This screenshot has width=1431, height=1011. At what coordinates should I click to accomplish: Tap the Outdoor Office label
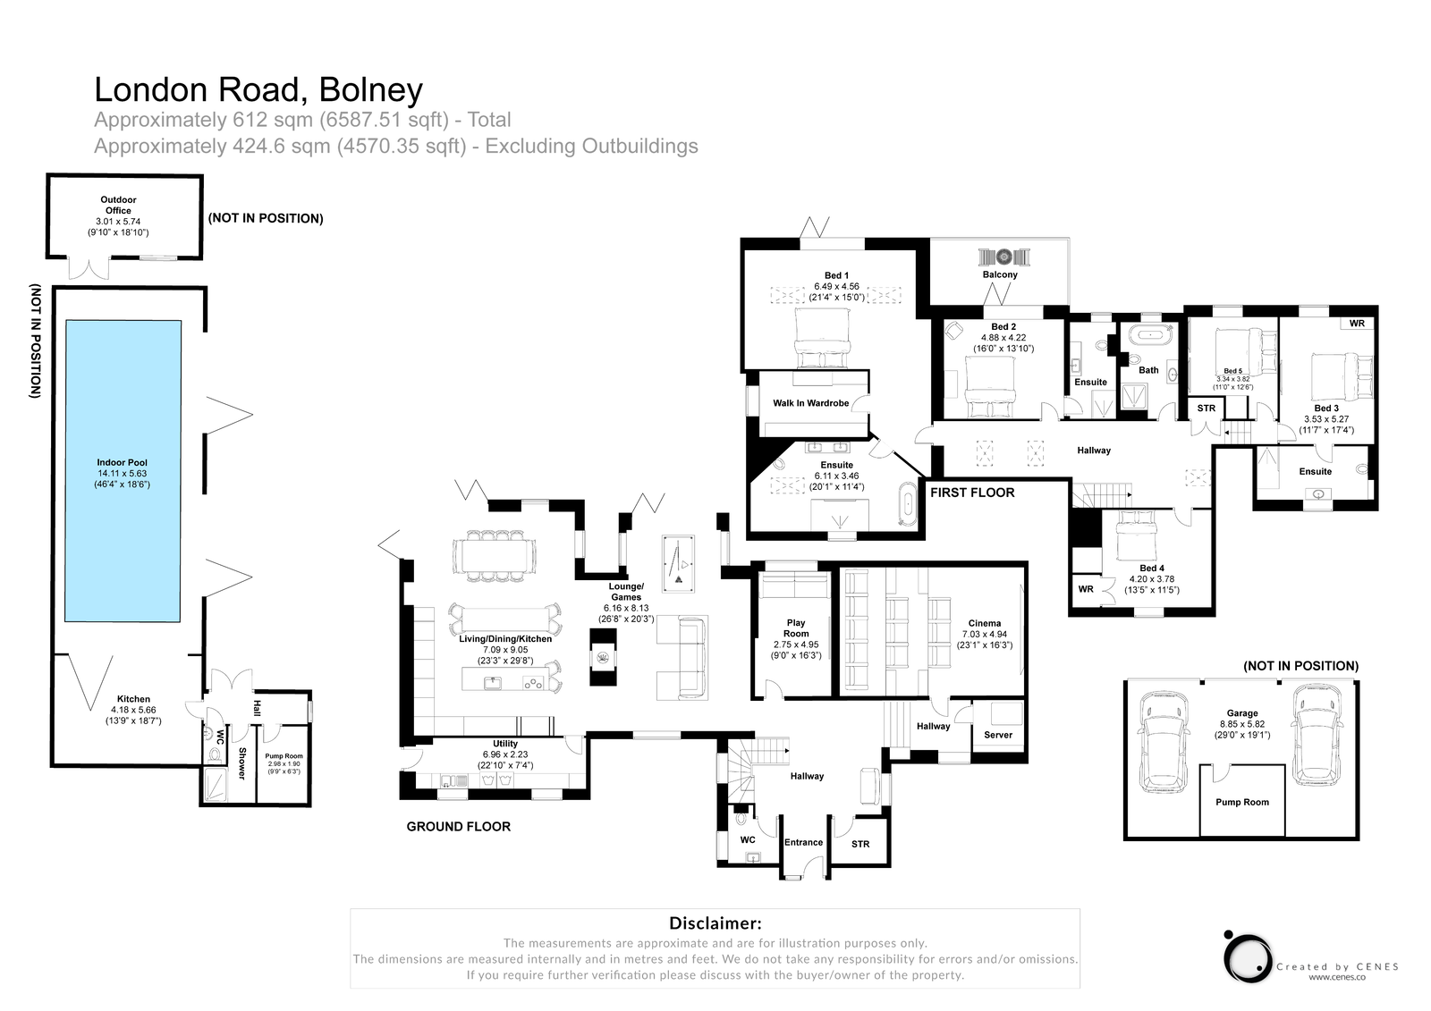point(118,206)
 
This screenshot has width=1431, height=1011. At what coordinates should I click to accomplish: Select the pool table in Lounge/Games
point(676,563)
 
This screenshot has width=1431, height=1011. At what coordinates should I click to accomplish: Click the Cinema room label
point(984,624)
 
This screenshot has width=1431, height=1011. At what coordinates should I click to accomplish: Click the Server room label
point(998,735)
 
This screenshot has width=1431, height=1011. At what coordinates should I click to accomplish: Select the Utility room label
point(505,744)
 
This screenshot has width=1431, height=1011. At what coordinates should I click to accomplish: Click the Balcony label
point(1000,274)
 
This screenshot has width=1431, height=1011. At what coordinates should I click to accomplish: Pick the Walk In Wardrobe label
point(810,403)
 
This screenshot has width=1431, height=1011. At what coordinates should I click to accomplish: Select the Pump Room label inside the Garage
point(1242,802)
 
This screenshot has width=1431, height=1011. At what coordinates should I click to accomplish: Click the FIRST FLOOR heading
point(972,493)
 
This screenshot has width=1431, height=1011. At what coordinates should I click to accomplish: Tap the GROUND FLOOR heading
point(458,827)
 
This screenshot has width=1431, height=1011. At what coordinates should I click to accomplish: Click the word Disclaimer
point(715,923)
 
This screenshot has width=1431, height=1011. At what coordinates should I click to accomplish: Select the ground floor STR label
point(860,844)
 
